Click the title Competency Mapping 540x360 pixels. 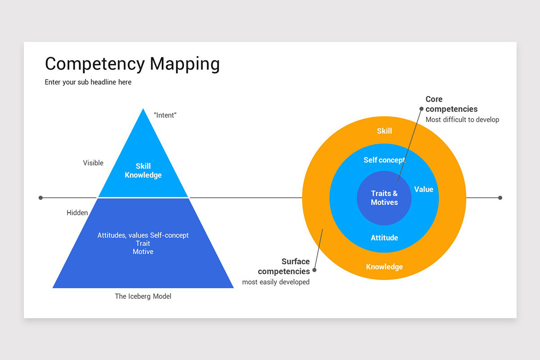point(132,64)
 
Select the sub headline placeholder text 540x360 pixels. point(88,82)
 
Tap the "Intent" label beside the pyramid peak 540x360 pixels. point(165,115)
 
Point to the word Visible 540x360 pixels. point(93,163)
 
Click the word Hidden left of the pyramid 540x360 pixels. point(77,213)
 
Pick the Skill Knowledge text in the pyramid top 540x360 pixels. point(143,171)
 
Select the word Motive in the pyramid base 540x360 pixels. point(143,252)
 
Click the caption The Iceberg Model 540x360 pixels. point(143,296)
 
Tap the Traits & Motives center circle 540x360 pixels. point(384,198)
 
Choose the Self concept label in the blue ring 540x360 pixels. point(384,160)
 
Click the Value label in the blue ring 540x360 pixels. point(423,189)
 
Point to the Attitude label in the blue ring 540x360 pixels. point(384,238)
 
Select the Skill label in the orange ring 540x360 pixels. point(384,131)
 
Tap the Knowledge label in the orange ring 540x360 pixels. point(384,266)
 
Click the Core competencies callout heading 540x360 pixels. point(451,104)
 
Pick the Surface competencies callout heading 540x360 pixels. point(284,266)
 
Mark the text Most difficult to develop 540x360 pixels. point(462,120)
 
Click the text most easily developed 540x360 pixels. point(276,282)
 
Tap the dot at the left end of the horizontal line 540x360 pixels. point(40,198)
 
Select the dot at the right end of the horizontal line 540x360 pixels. point(500,198)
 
